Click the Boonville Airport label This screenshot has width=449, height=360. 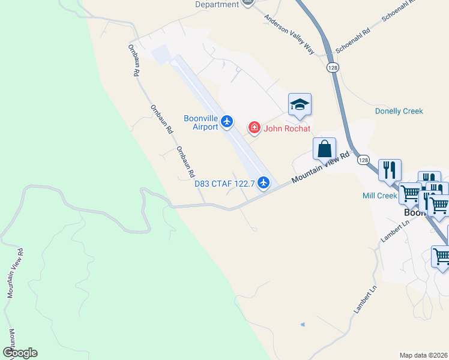pos(201,122)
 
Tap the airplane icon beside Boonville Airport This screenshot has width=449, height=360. pos(226,122)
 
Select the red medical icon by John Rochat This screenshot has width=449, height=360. pos(255,127)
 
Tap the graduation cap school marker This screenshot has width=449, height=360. pos(299,105)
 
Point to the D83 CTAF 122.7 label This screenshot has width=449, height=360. pos(224,184)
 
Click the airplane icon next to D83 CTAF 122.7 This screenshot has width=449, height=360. pos(262,184)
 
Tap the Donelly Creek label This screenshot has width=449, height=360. pos(399,111)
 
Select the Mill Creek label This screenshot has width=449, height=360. pos(380,196)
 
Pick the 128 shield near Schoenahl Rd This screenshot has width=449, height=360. pos(333,68)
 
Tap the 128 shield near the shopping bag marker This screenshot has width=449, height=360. pos(363,160)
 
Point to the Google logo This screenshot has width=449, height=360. pos(20,353)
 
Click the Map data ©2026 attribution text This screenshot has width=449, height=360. pos(424,355)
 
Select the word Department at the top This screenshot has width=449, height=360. pos(217,4)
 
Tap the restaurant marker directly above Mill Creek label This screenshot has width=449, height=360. pos(390,170)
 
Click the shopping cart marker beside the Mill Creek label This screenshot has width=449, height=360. pos(411,194)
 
